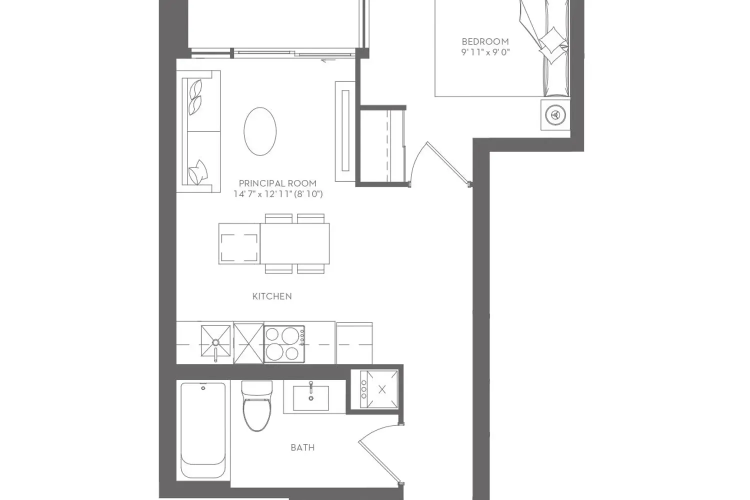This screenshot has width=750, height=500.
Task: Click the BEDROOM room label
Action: pos(485,41)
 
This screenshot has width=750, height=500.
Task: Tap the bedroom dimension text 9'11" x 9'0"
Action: pos(485,52)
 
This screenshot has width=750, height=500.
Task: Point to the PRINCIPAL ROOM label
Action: pos(277,183)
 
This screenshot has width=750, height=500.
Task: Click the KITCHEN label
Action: pos(272,296)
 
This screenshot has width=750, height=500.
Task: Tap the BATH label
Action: pos(302,447)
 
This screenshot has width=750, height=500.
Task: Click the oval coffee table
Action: pos(260,131)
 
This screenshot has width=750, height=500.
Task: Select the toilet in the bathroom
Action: pos(257,405)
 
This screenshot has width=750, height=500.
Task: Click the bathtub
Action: pos(203,430)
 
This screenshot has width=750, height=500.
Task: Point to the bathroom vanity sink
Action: pos(311,398)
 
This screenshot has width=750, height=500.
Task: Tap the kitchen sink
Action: pos(215,341)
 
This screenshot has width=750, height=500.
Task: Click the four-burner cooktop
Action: pos(284,344)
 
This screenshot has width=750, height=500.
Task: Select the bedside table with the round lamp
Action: pos(555,115)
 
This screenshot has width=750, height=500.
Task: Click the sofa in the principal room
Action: pos(198,131)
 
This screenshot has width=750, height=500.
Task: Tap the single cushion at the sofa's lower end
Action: pos(198,172)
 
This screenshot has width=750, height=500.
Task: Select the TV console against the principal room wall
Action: pos(345,131)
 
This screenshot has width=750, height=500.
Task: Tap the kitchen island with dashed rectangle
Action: pos(239,243)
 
